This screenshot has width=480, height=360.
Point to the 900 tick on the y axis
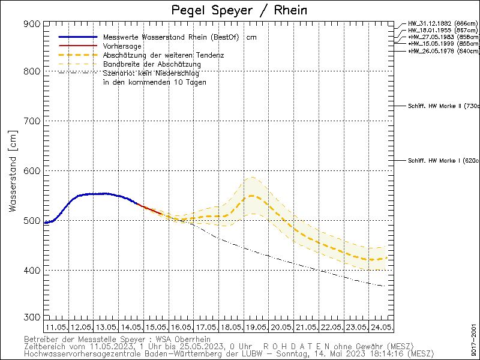click(x=33, y=23)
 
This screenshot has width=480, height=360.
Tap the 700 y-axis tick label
click(x=33, y=121)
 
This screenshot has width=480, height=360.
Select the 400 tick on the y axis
click(x=33, y=271)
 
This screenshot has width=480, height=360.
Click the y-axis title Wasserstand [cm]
click(x=13, y=174)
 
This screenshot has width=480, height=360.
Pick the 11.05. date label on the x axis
click(x=56, y=327)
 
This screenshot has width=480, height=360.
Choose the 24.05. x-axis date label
click(x=382, y=327)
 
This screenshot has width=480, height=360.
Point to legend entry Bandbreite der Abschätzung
click(x=152, y=64)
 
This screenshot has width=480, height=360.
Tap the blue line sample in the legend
click(x=77, y=37)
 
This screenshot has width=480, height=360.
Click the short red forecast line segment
click(x=151, y=209)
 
